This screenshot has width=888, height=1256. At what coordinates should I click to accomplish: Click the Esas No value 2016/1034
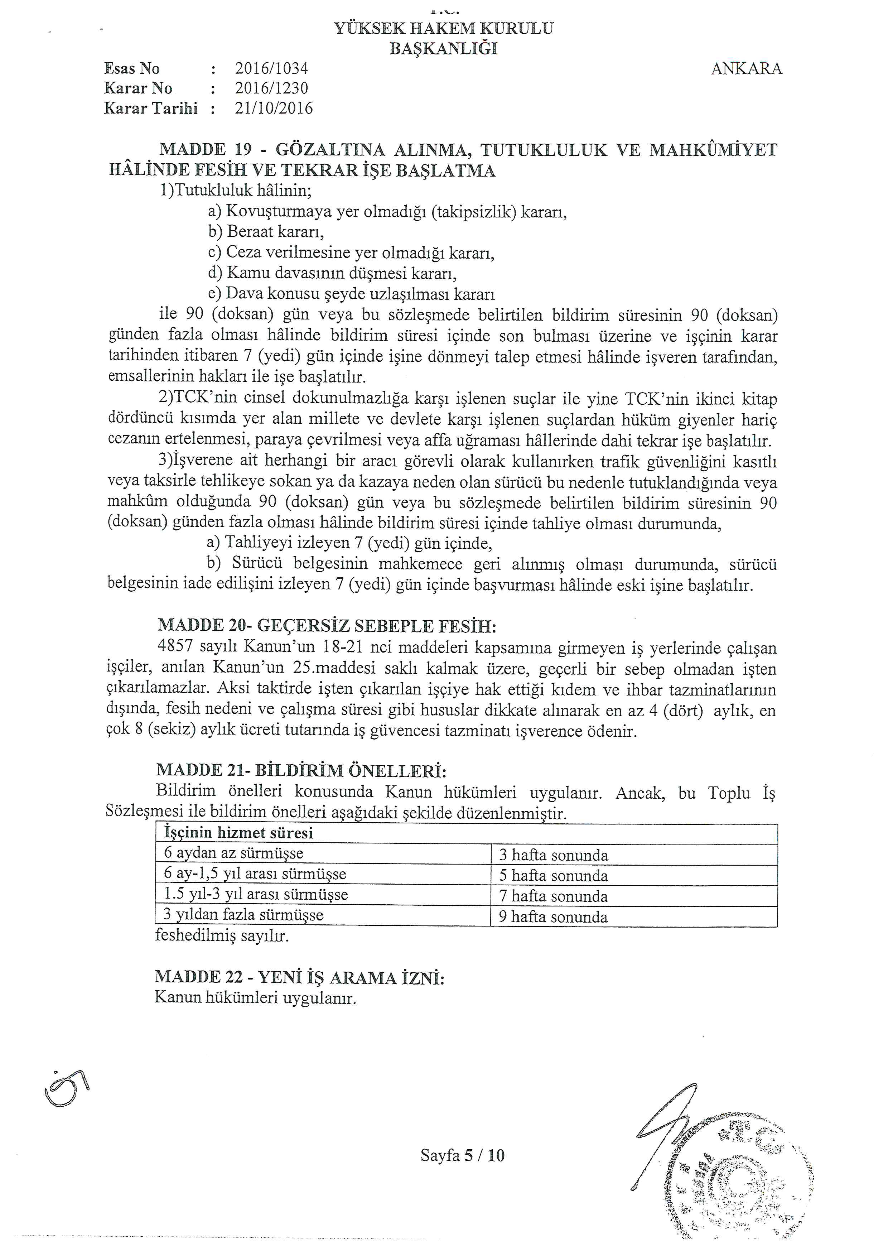pyautogui.click(x=271, y=68)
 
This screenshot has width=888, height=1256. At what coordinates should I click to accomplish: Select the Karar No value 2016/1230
pyautogui.click(x=271, y=88)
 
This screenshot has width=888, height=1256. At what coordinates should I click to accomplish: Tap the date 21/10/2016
pyautogui.click(x=274, y=108)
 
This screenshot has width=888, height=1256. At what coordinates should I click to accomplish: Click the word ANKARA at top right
pyautogui.click(x=746, y=69)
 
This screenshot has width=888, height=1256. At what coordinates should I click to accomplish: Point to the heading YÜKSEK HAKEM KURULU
pyautogui.click(x=443, y=28)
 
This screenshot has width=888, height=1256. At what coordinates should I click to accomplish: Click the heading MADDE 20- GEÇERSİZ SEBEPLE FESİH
pyautogui.click(x=327, y=626)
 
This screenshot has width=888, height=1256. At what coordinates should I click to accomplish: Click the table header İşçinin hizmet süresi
pyautogui.click(x=239, y=833)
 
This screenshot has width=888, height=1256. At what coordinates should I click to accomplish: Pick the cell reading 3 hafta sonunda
pyautogui.click(x=553, y=855)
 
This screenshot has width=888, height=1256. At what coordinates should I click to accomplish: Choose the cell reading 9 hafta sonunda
pyautogui.click(x=553, y=917)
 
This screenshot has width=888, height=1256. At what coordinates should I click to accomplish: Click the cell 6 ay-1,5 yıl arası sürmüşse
pyautogui.click(x=255, y=874)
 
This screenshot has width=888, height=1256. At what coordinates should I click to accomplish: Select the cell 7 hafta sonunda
pyautogui.click(x=553, y=896)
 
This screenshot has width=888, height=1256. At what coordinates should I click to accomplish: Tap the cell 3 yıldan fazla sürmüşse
pyautogui.click(x=243, y=915)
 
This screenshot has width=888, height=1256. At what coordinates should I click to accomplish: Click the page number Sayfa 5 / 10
pyautogui.click(x=462, y=1155)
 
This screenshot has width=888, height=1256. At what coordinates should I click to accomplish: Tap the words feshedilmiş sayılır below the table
pyautogui.click(x=221, y=936)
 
